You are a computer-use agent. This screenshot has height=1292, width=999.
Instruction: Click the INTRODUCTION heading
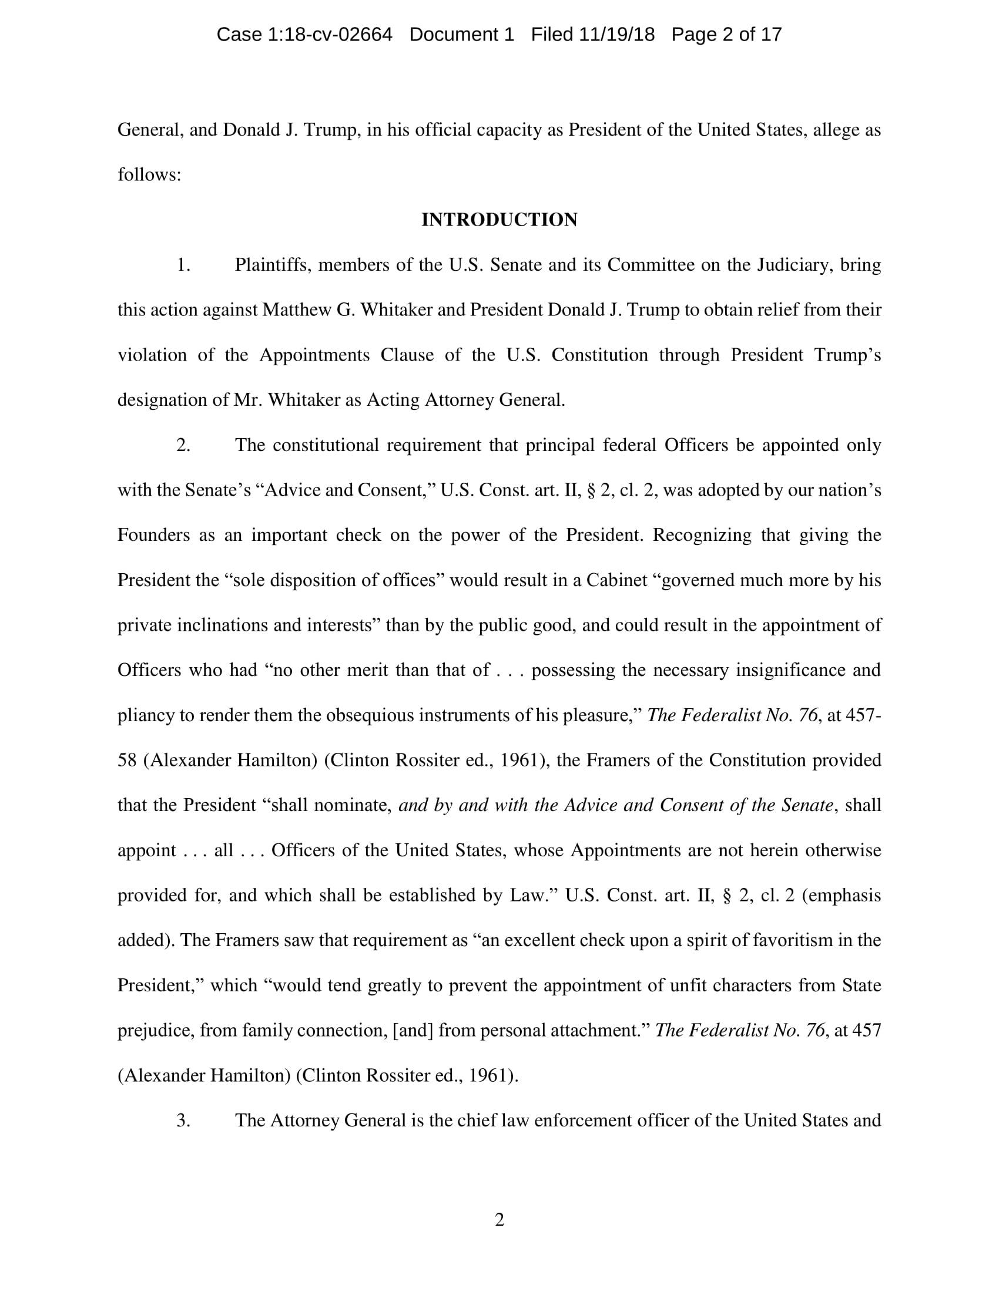[499, 220]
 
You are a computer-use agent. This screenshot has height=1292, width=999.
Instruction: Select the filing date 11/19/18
[617, 34]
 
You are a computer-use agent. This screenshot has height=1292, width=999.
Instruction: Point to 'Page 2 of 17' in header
[726, 34]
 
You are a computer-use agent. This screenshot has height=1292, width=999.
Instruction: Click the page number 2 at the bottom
[499, 1220]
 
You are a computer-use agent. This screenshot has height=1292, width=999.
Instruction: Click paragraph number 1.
[183, 265]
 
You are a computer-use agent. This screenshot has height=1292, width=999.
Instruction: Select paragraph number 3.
[183, 1121]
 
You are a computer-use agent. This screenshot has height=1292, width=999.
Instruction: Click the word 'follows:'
[149, 175]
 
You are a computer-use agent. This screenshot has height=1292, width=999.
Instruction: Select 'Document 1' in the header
[462, 34]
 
